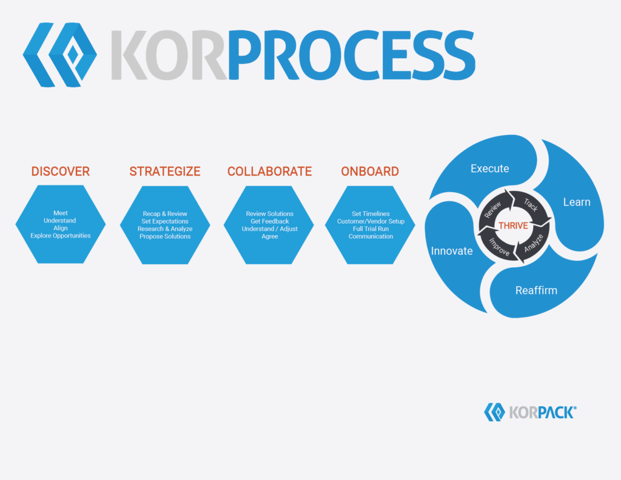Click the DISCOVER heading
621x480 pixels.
point(61,172)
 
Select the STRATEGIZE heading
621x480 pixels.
point(165,172)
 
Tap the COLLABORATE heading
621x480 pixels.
point(270,172)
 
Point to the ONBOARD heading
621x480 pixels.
point(370,172)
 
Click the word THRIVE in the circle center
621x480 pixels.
point(513,225)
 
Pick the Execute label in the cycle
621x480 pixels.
point(490,168)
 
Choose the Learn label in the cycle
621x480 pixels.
point(577,202)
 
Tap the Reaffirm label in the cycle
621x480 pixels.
point(536,290)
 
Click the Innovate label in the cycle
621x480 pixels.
point(452,251)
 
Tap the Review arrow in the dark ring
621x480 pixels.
point(494,209)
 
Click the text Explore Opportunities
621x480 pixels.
point(61,236)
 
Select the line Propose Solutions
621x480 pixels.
point(165,236)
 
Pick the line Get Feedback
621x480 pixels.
point(270,222)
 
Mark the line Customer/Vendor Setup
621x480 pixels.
point(371,222)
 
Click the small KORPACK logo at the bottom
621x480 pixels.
point(530,412)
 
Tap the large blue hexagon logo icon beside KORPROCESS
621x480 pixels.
point(60,55)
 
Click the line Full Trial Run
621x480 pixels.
point(371,229)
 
